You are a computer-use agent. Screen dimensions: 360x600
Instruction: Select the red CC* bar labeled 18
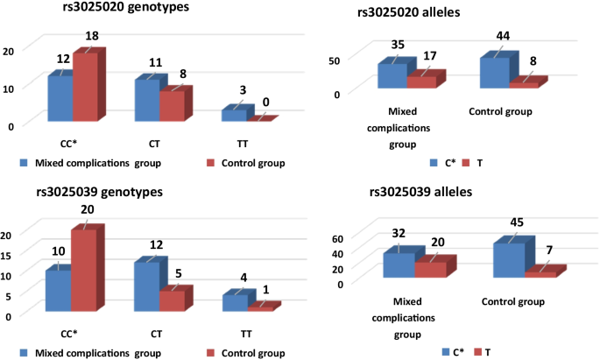84,87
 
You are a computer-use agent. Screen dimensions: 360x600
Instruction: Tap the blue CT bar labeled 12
146,286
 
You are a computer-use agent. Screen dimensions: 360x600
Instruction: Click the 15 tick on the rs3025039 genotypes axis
8,253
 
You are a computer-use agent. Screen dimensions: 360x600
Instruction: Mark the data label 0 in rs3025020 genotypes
266,102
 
